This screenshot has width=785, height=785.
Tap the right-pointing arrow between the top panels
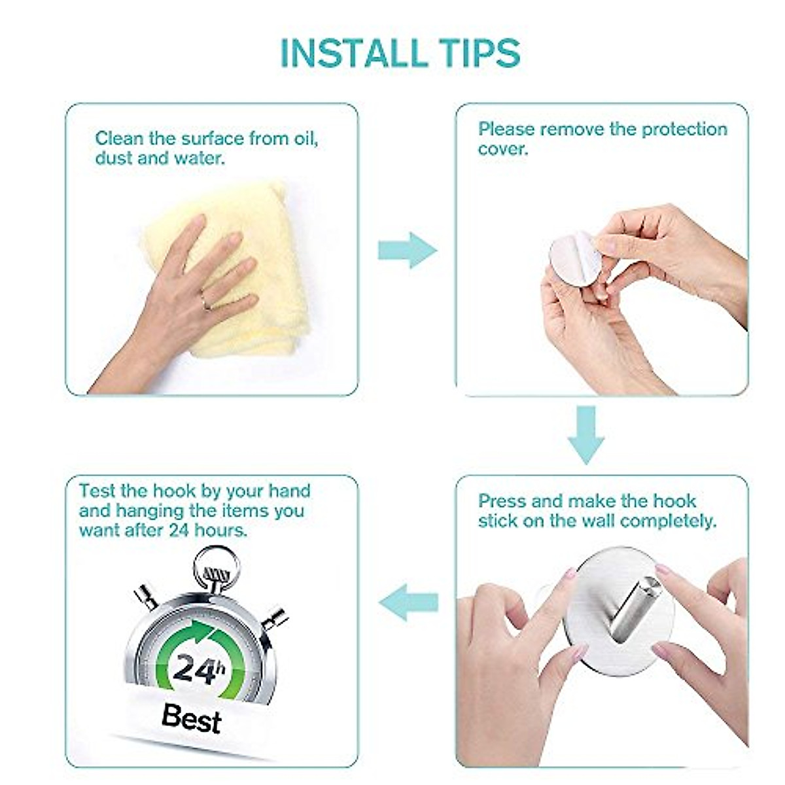407,250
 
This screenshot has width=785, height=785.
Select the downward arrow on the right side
585,434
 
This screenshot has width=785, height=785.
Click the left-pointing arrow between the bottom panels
408,601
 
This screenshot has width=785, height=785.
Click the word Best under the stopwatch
191,718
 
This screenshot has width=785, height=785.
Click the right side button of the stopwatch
275,618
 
